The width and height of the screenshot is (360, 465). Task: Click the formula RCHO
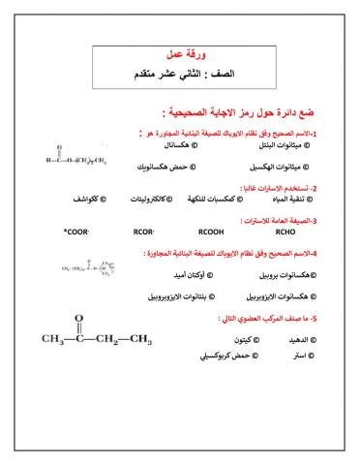tap(285, 232)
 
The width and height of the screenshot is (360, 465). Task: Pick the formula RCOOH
tap(211, 232)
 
